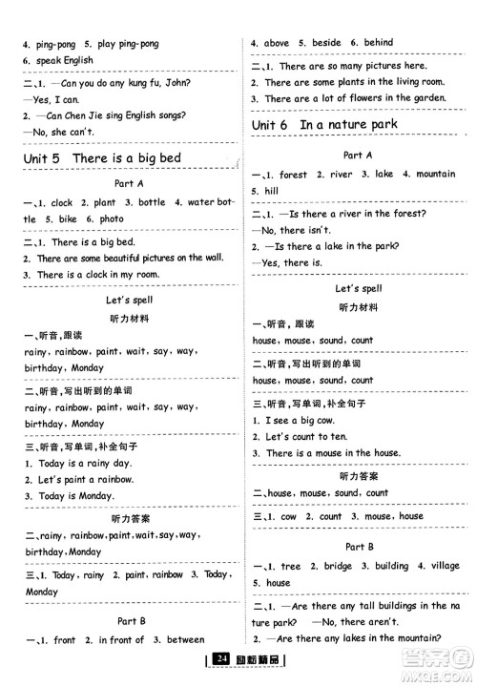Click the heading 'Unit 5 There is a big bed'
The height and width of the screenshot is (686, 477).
(114, 157)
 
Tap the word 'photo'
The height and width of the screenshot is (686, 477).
(111, 218)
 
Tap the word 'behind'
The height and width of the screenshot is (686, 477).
(378, 43)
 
